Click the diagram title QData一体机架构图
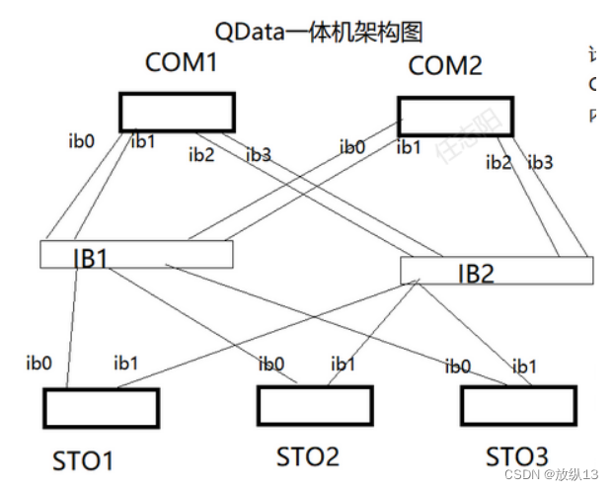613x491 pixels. (x=318, y=32)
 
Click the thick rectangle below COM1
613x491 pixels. (x=178, y=112)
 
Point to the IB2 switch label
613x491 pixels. (x=475, y=273)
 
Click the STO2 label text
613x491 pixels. (x=307, y=456)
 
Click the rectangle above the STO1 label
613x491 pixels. (x=102, y=407)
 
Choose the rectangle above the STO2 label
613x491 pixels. (x=315, y=404)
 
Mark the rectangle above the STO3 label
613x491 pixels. (x=519, y=404)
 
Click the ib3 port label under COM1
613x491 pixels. (x=259, y=154)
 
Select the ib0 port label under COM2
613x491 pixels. (x=353, y=147)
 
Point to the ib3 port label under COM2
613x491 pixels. (x=541, y=162)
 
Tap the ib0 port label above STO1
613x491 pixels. (x=38, y=362)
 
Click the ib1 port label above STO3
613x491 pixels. (x=524, y=367)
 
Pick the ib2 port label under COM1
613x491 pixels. (x=201, y=153)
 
